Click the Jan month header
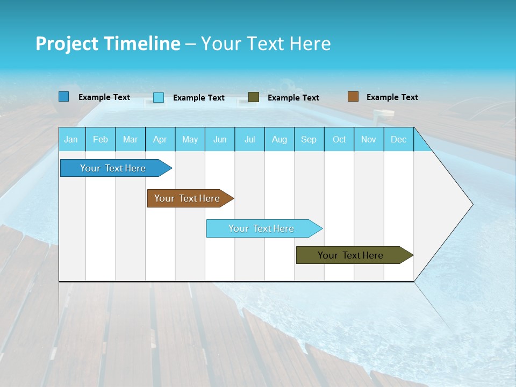click(71, 140)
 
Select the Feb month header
click(101, 140)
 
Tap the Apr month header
click(160, 140)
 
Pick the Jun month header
click(220, 140)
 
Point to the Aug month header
click(279, 140)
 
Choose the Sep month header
click(309, 140)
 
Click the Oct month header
click(339, 140)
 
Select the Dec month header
click(398, 140)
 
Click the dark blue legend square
click(64, 97)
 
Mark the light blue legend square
click(159, 97)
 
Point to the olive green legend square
click(254, 97)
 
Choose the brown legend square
click(353, 96)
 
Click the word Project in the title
click(67, 44)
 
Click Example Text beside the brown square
click(392, 97)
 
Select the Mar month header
click(130, 140)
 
